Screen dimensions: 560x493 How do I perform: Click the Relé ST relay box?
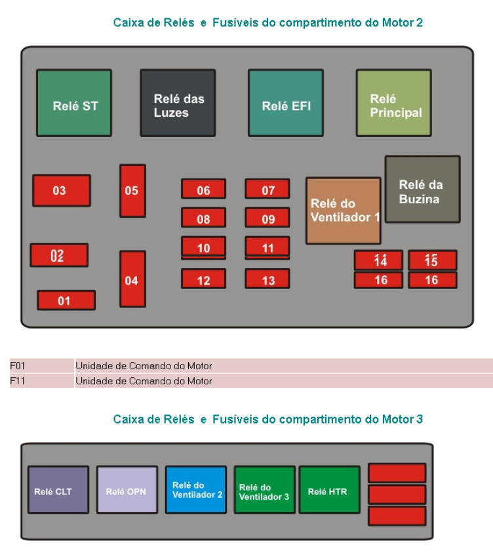(74, 103)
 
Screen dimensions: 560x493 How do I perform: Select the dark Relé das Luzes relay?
(178, 103)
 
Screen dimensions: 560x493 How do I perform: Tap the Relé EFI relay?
(285, 103)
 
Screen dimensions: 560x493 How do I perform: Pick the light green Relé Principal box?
(393, 103)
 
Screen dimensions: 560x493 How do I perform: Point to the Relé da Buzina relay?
(422, 190)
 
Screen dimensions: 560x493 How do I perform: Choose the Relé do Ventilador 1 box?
(343, 210)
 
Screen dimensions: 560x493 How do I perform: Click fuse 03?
(62, 191)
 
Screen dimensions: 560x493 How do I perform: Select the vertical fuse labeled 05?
(132, 191)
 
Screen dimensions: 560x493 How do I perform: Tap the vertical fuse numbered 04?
(132, 279)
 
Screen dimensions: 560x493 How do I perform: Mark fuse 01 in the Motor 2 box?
(66, 300)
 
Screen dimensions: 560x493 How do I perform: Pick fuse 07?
(267, 190)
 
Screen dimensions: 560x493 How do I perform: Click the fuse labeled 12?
(203, 279)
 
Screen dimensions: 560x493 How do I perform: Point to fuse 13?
(267, 279)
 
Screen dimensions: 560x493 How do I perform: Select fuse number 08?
(203, 218)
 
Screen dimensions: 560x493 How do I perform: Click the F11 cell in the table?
(16, 381)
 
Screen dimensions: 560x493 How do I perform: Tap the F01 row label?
(16, 366)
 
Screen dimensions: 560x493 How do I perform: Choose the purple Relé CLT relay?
(58, 490)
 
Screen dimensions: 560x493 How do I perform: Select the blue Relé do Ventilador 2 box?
(195, 490)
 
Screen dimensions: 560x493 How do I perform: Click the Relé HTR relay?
(328, 490)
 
